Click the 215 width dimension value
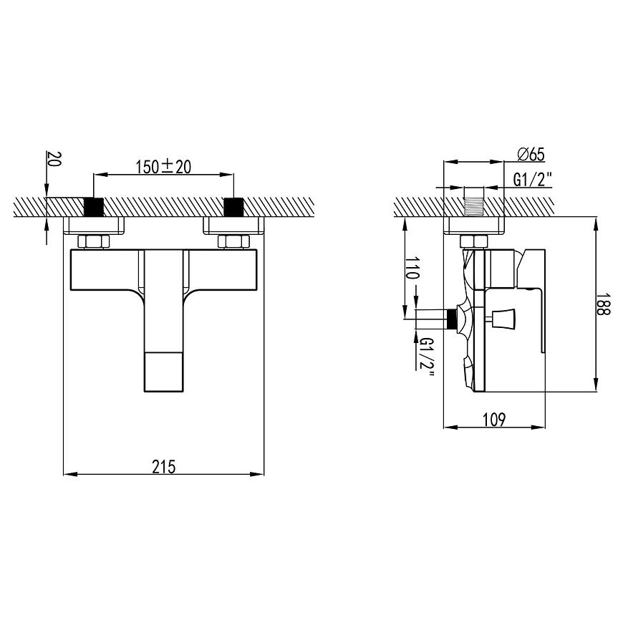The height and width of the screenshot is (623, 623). (x=164, y=466)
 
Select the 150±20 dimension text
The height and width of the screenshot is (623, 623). (x=164, y=167)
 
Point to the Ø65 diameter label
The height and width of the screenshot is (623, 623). (x=531, y=154)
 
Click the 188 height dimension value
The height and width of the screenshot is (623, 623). (x=605, y=304)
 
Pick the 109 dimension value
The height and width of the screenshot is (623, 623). (x=494, y=420)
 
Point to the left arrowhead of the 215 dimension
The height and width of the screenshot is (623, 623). (x=68, y=473)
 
